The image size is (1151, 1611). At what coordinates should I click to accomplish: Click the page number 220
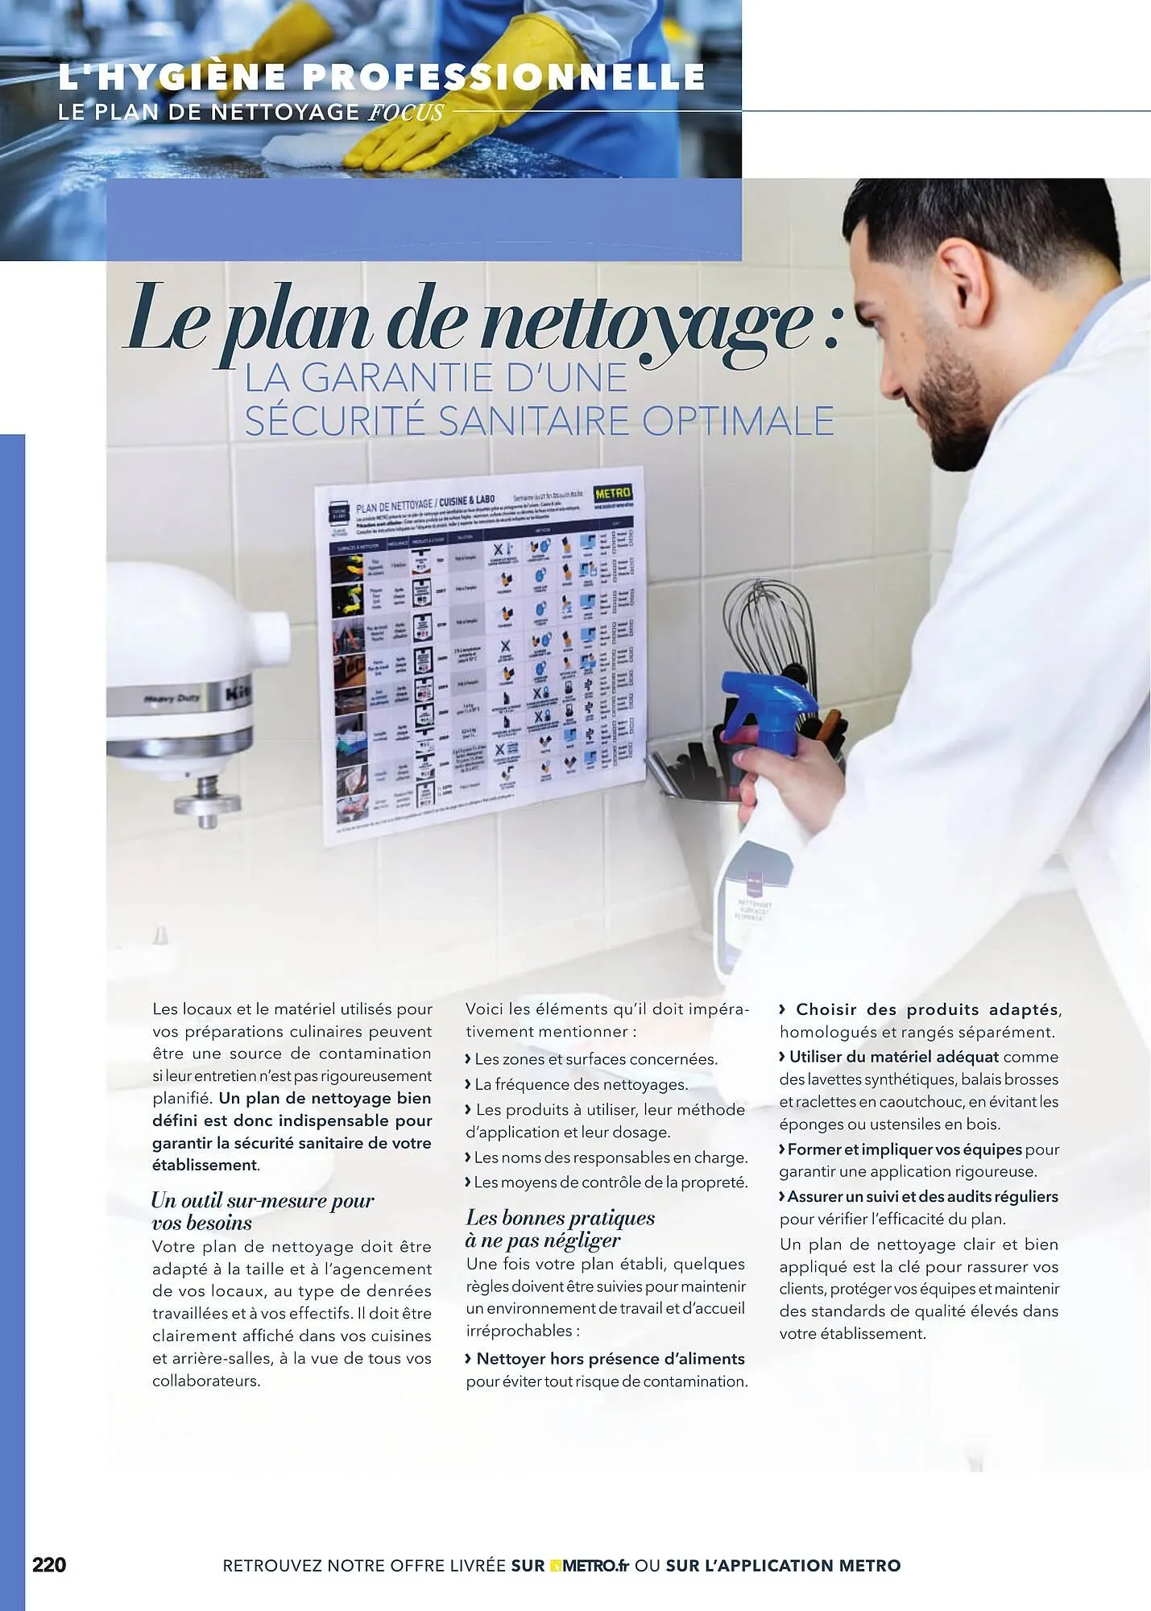(x=49, y=1565)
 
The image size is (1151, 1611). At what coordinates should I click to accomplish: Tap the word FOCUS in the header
(x=406, y=112)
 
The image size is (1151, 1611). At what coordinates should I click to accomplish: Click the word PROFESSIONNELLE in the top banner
(x=504, y=77)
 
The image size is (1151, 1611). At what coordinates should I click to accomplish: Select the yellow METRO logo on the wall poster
(x=613, y=493)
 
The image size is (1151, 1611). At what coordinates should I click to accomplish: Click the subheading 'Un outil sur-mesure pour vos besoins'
(x=263, y=1211)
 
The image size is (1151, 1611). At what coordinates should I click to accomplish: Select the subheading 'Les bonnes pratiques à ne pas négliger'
(x=561, y=1228)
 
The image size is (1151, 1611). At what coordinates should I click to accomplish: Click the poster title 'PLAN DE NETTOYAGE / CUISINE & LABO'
(x=425, y=505)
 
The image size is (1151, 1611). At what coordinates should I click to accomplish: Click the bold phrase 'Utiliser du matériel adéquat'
(x=893, y=1057)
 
